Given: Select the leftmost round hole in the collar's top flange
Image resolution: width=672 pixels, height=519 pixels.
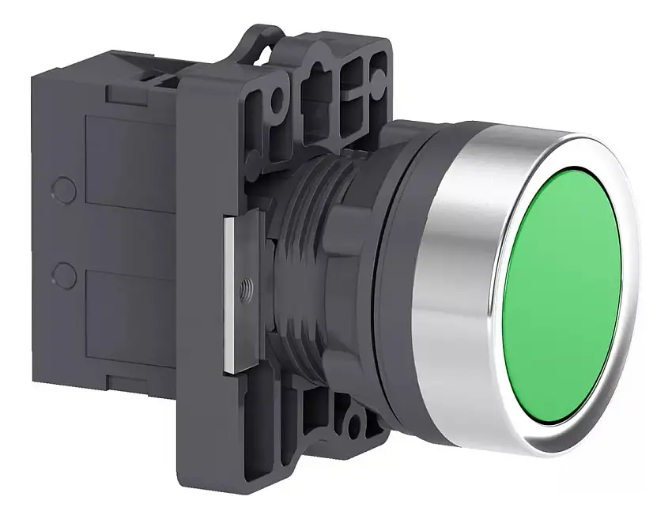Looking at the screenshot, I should coord(274,101).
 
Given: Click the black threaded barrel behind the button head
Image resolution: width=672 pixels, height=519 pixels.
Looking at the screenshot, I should coord(304,261).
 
